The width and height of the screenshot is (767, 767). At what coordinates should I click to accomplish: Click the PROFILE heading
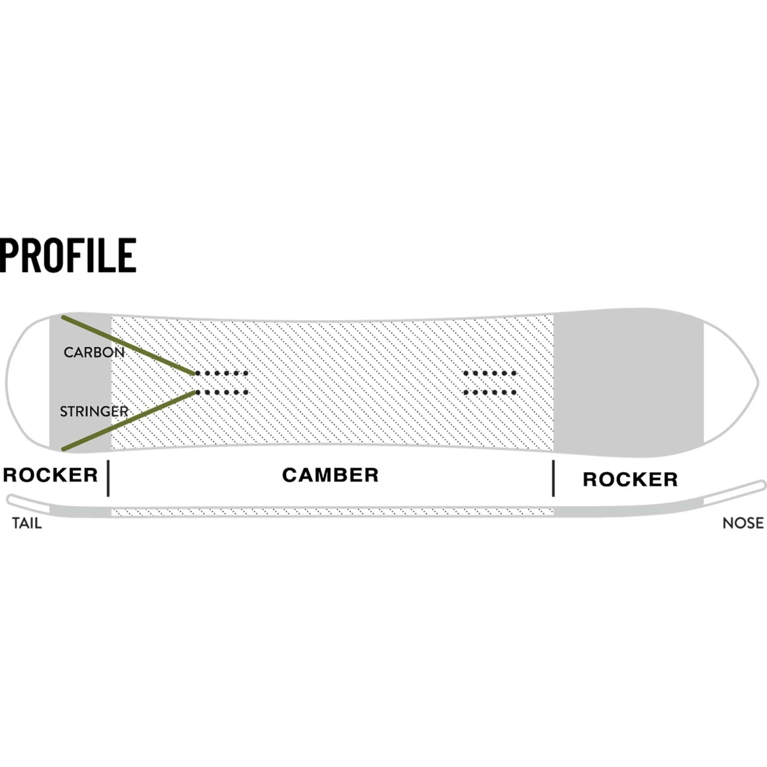(x=68, y=255)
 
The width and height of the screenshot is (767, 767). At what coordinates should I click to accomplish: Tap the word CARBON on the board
(x=94, y=352)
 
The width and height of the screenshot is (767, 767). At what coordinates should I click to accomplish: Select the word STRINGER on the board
(x=94, y=411)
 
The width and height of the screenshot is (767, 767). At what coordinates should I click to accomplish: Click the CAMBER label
(x=330, y=475)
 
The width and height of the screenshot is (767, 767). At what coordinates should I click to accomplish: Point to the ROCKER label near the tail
(x=50, y=475)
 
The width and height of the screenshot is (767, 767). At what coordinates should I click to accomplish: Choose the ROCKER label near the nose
(x=630, y=480)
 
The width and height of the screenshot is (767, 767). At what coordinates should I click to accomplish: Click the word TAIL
(x=27, y=523)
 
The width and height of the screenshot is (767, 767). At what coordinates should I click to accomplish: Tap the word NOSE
(x=742, y=523)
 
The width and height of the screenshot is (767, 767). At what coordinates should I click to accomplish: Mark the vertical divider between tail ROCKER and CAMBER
(x=108, y=478)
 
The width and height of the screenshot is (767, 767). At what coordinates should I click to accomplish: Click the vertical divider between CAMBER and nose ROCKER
(x=553, y=478)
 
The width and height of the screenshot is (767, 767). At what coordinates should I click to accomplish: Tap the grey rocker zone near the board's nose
(x=629, y=382)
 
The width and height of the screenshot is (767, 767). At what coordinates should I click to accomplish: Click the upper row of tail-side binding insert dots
(x=222, y=373)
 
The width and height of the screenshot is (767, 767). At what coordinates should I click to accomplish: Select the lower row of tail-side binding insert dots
(x=222, y=393)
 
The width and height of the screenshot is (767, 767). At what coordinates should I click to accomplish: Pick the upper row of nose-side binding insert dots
(x=489, y=373)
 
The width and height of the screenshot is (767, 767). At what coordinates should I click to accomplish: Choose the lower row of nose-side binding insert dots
(x=489, y=393)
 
